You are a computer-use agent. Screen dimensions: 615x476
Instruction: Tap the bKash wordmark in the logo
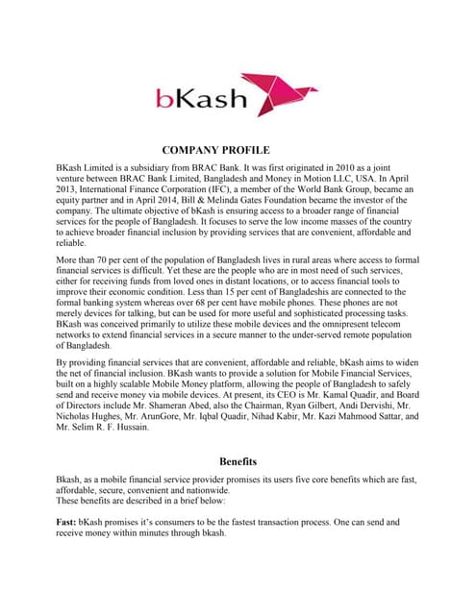(x=202, y=98)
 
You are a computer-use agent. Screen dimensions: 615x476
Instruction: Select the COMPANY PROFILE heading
(x=215, y=150)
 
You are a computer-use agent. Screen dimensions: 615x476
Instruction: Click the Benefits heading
(x=238, y=460)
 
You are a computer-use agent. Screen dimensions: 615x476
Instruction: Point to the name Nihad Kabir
(x=254, y=417)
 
